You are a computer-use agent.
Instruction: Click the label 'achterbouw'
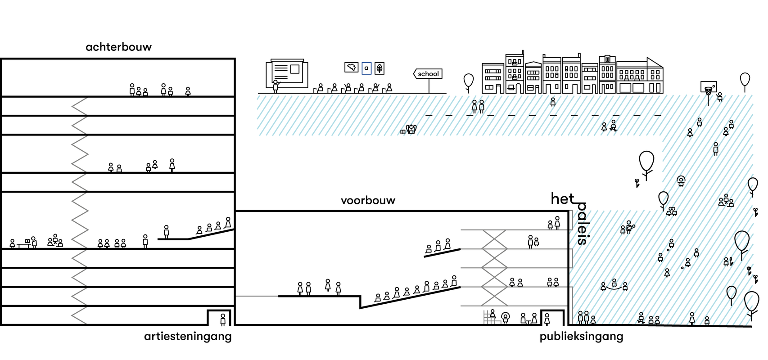[x=118, y=47]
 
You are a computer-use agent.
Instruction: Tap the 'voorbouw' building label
[x=368, y=200]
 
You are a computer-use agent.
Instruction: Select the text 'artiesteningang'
[x=188, y=336]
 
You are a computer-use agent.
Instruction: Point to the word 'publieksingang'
[x=581, y=336]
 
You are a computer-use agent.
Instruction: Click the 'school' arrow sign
[x=428, y=74]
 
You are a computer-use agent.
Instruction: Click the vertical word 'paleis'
[x=582, y=223]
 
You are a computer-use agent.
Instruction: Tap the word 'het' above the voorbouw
[x=562, y=198]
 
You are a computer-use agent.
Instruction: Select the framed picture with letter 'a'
[x=366, y=68]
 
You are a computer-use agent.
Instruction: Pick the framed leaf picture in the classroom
[x=379, y=68]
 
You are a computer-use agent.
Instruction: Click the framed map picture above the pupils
[x=351, y=67]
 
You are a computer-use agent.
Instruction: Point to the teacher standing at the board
[x=276, y=85]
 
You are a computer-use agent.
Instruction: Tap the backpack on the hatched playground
[x=411, y=130]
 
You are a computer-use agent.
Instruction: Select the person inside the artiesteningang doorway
[x=223, y=319]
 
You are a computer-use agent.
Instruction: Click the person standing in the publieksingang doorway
[x=547, y=319]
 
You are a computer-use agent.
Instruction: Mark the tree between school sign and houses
[x=469, y=81]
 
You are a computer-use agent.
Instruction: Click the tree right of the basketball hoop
[x=745, y=80]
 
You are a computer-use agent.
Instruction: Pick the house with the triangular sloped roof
[x=655, y=76]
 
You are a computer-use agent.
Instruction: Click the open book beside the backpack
[x=402, y=132]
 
